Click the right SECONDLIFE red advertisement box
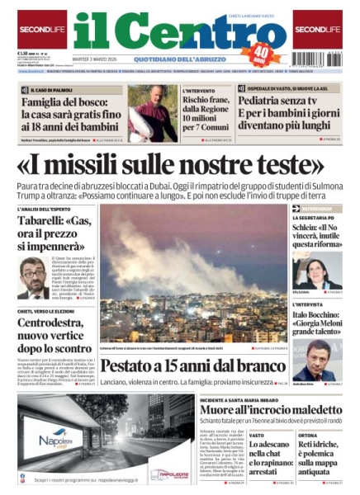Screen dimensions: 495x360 317,30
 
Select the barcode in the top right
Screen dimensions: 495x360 318,59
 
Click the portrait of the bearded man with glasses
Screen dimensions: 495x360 33,279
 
